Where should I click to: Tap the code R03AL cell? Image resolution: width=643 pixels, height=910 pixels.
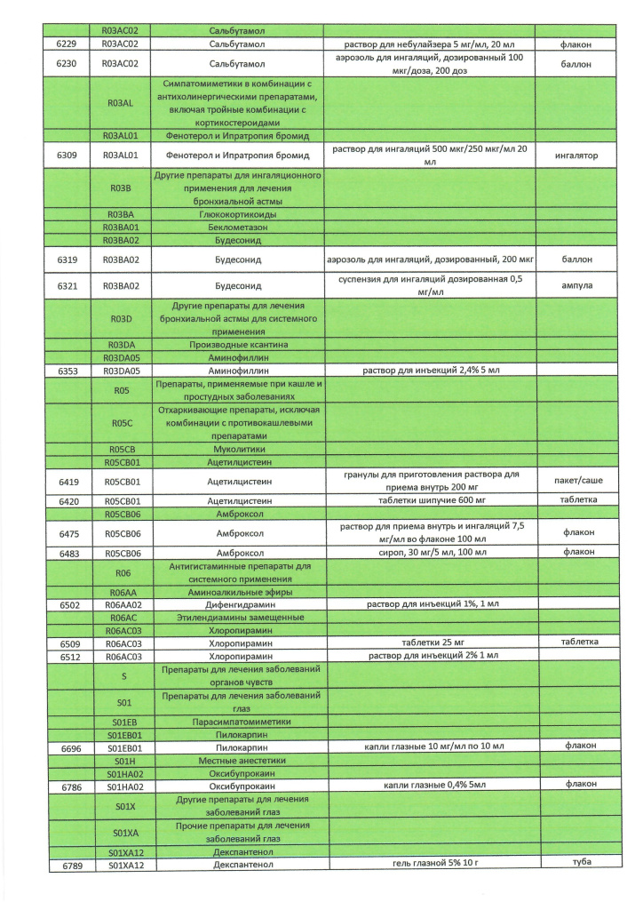click(x=120, y=102)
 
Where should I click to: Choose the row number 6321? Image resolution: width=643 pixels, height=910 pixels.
click(x=68, y=286)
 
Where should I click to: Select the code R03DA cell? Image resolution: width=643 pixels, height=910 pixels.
click(x=120, y=344)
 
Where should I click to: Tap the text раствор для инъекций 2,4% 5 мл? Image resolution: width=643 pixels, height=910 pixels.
click(x=429, y=369)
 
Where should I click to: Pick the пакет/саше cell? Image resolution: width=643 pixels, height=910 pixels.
click(x=577, y=480)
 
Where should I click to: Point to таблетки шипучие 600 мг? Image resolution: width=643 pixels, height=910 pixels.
click(x=429, y=501)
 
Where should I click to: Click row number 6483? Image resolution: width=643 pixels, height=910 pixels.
click(x=68, y=553)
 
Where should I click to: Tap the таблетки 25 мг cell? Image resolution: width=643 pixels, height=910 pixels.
click(x=429, y=642)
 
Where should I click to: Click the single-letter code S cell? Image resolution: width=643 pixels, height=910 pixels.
click(x=123, y=675)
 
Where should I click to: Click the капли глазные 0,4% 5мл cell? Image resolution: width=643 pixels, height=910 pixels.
click(x=429, y=786)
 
